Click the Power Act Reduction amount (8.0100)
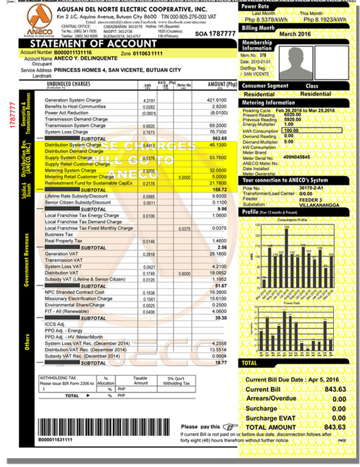click(x=217, y=113)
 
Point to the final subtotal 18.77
click(x=220, y=362)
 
